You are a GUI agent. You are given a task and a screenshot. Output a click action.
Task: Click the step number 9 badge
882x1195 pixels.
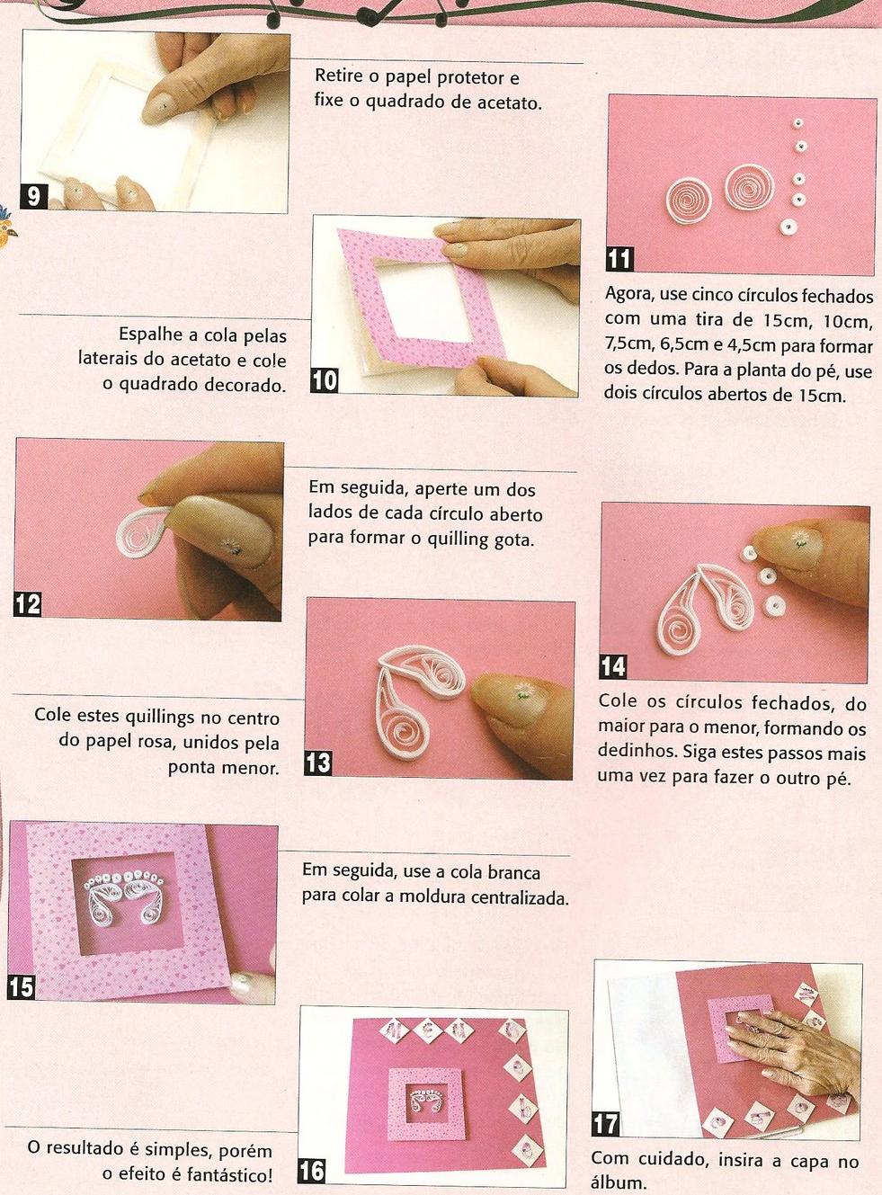pyautogui.click(x=33, y=197)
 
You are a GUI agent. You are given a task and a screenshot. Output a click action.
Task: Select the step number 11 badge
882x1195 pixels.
pyautogui.click(x=619, y=260)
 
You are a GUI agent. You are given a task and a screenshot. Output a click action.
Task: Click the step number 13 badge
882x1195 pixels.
pyautogui.click(x=318, y=763)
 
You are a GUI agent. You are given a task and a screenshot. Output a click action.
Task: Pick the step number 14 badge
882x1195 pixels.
pyautogui.click(x=612, y=667)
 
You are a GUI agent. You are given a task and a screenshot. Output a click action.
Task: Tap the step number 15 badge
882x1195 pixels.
pyautogui.click(x=21, y=988)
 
